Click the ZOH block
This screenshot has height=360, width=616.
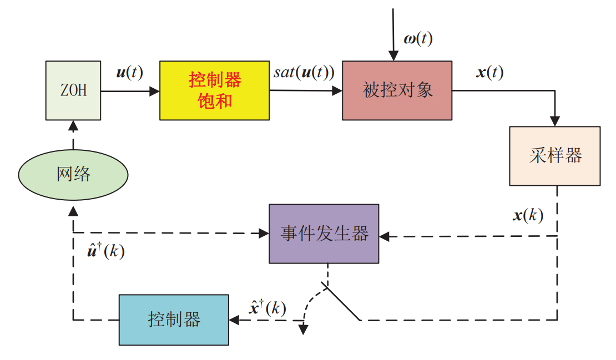(73, 90)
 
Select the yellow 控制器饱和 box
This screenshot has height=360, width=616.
(214, 90)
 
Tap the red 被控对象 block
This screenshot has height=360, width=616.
(397, 90)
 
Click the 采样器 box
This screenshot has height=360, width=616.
(554, 156)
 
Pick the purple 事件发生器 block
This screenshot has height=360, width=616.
(324, 234)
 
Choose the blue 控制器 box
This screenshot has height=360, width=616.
(174, 320)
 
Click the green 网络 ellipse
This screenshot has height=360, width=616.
(73, 175)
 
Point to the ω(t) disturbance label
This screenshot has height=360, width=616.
(417, 39)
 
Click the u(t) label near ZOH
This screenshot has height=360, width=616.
(129, 73)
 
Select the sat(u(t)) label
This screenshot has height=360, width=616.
(304, 73)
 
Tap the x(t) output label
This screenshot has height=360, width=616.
(489, 73)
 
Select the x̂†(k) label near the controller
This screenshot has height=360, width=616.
(267, 308)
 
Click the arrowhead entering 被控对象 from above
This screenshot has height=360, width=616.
(393, 55)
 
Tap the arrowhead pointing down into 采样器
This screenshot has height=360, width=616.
(555, 121)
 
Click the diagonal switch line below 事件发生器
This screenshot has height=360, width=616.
(342, 302)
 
